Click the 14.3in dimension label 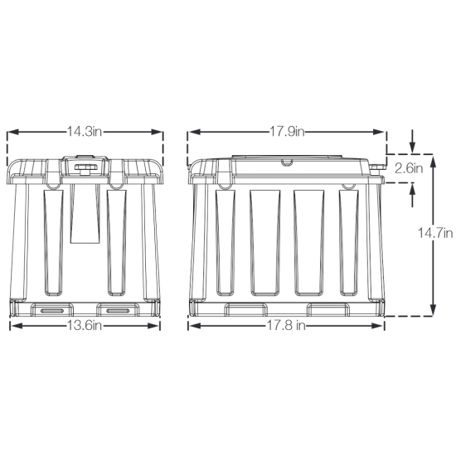pos(85,132)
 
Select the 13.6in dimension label pos(85,326)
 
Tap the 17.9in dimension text pos(287,132)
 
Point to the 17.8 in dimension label pos(286,326)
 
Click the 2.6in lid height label pos(409,168)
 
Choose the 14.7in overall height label pos(435,233)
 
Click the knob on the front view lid pos(85,167)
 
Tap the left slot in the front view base pos(52,311)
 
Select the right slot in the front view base pos(118,311)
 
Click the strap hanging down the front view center pos(85,214)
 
